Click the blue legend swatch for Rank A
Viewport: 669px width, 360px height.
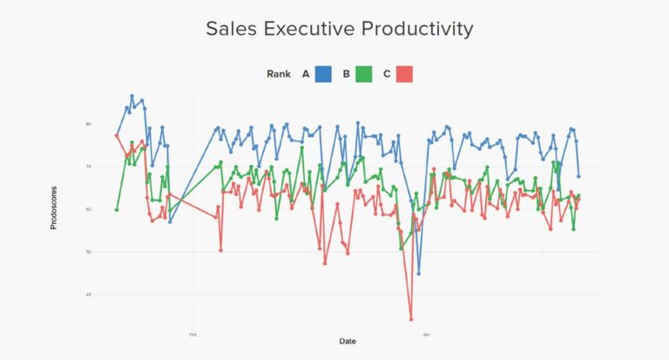coord(324,74)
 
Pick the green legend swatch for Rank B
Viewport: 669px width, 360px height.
coord(363,74)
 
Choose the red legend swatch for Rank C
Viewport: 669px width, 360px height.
coord(404,74)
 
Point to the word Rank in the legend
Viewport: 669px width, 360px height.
coord(279,74)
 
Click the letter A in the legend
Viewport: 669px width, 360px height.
coord(306,74)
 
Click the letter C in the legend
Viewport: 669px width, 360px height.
coord(387,74)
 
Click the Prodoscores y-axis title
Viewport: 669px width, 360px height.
coord(54,207)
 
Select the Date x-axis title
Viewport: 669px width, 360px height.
coord(348,341)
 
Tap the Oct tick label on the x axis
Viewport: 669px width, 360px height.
coord(193,333)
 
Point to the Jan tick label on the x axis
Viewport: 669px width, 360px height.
coord(426,333)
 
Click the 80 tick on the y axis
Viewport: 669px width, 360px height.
coord(88,125)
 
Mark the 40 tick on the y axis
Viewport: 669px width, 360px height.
coord(88,295)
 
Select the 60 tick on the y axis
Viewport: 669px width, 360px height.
coord(88,210)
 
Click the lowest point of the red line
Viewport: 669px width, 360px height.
coord(411,319)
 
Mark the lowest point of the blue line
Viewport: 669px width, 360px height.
coord(419,274)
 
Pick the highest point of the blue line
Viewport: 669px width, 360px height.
coord(132,96)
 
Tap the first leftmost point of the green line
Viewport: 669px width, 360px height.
coord(116,209)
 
